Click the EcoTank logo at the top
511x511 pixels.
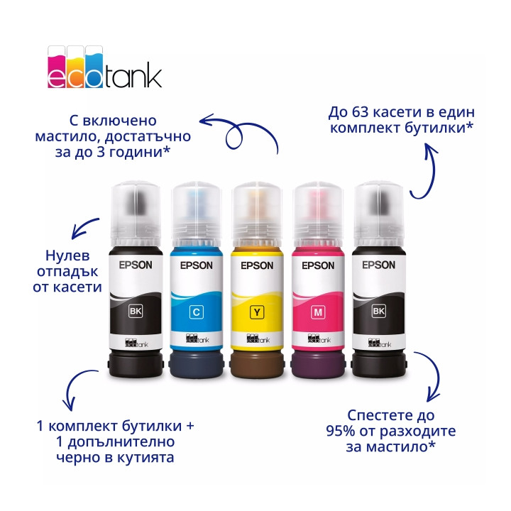point(104,67)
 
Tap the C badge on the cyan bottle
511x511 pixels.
point(196,312)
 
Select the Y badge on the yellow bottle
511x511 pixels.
point(257,312)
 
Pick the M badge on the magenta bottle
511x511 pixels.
point(318,312)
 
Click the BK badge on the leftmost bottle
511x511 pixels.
point(136,311)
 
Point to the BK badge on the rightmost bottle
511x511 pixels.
point(379,311)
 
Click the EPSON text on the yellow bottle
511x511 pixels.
point(257,265)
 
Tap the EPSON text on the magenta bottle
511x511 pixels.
point(318,265)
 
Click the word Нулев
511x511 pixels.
point(67,255)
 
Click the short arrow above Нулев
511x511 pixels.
point(84,228)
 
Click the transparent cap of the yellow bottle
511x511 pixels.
point(257,214)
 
